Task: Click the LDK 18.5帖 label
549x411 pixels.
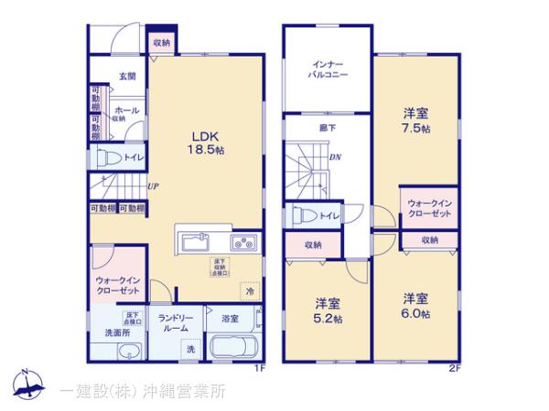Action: click(207, 143)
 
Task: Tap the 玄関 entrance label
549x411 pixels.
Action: click(126, 78)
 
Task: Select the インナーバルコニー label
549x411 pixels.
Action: click(327, 70)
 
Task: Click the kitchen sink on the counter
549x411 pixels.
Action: click(197, 244)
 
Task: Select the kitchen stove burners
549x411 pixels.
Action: click(244, 243)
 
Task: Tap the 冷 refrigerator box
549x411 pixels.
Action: click(248, 290)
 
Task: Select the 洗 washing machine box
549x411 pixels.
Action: click(191, 349)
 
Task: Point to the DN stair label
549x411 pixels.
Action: click(335, 156)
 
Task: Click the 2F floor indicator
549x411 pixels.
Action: click(454, 368)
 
